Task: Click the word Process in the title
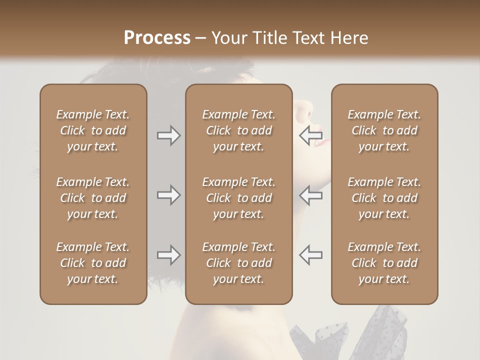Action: coord(157,38)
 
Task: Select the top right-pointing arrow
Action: coord(168,135)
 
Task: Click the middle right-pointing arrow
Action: coord(168,195)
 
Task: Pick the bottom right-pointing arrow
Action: coord(168,255)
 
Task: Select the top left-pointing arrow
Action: coord(310,135)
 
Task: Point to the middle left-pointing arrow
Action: coord(310,195)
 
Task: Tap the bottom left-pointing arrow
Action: coord(310,255)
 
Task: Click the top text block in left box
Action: coord(93,130)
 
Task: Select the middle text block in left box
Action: coord(93,198)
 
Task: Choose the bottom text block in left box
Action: coord(93,263)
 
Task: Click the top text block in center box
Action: coord(238,130)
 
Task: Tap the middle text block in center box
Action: coord(238,198)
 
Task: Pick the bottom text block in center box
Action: coord(238,263)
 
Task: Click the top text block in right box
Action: coord(384,130)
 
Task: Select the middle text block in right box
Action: coord(384,198)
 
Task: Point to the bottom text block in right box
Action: coord(384,263)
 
